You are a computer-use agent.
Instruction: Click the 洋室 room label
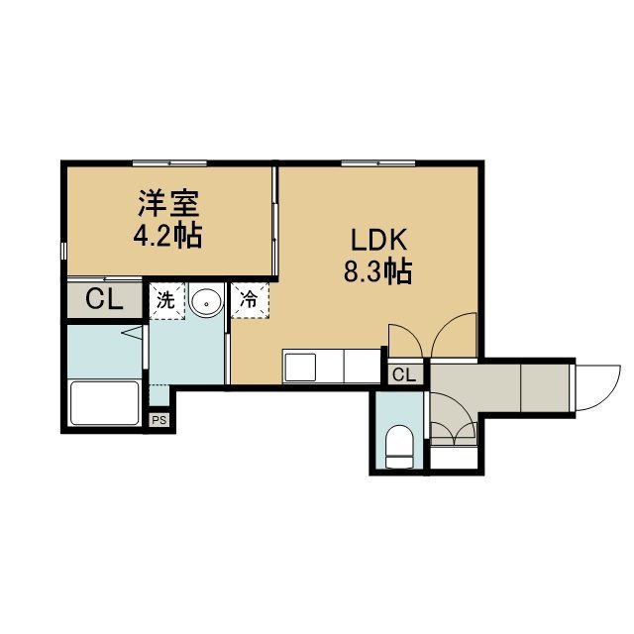[168, 204]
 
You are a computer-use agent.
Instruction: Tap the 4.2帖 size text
[167, 236]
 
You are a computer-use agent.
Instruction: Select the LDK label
[378, 241]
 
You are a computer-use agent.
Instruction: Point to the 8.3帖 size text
[378, 271]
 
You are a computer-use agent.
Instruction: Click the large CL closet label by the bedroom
[104, 299]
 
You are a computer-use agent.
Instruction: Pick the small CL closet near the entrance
[404, 375]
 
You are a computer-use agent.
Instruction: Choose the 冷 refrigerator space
[250, 300]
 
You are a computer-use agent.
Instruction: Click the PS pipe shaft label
[159, 420]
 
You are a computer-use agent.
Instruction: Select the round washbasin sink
[207, 303]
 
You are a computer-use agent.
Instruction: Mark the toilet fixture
[399, 447]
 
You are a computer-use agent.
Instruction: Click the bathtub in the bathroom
[105, 403]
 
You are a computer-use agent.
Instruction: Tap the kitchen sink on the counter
[300, 368]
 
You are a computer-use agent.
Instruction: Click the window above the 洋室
[169, 162]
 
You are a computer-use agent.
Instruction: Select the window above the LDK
[378, 162]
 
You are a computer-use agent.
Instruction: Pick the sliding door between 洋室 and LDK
[274, 221]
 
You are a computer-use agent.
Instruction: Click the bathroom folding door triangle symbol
[133, 333]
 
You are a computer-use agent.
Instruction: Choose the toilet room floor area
[399, 430]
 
